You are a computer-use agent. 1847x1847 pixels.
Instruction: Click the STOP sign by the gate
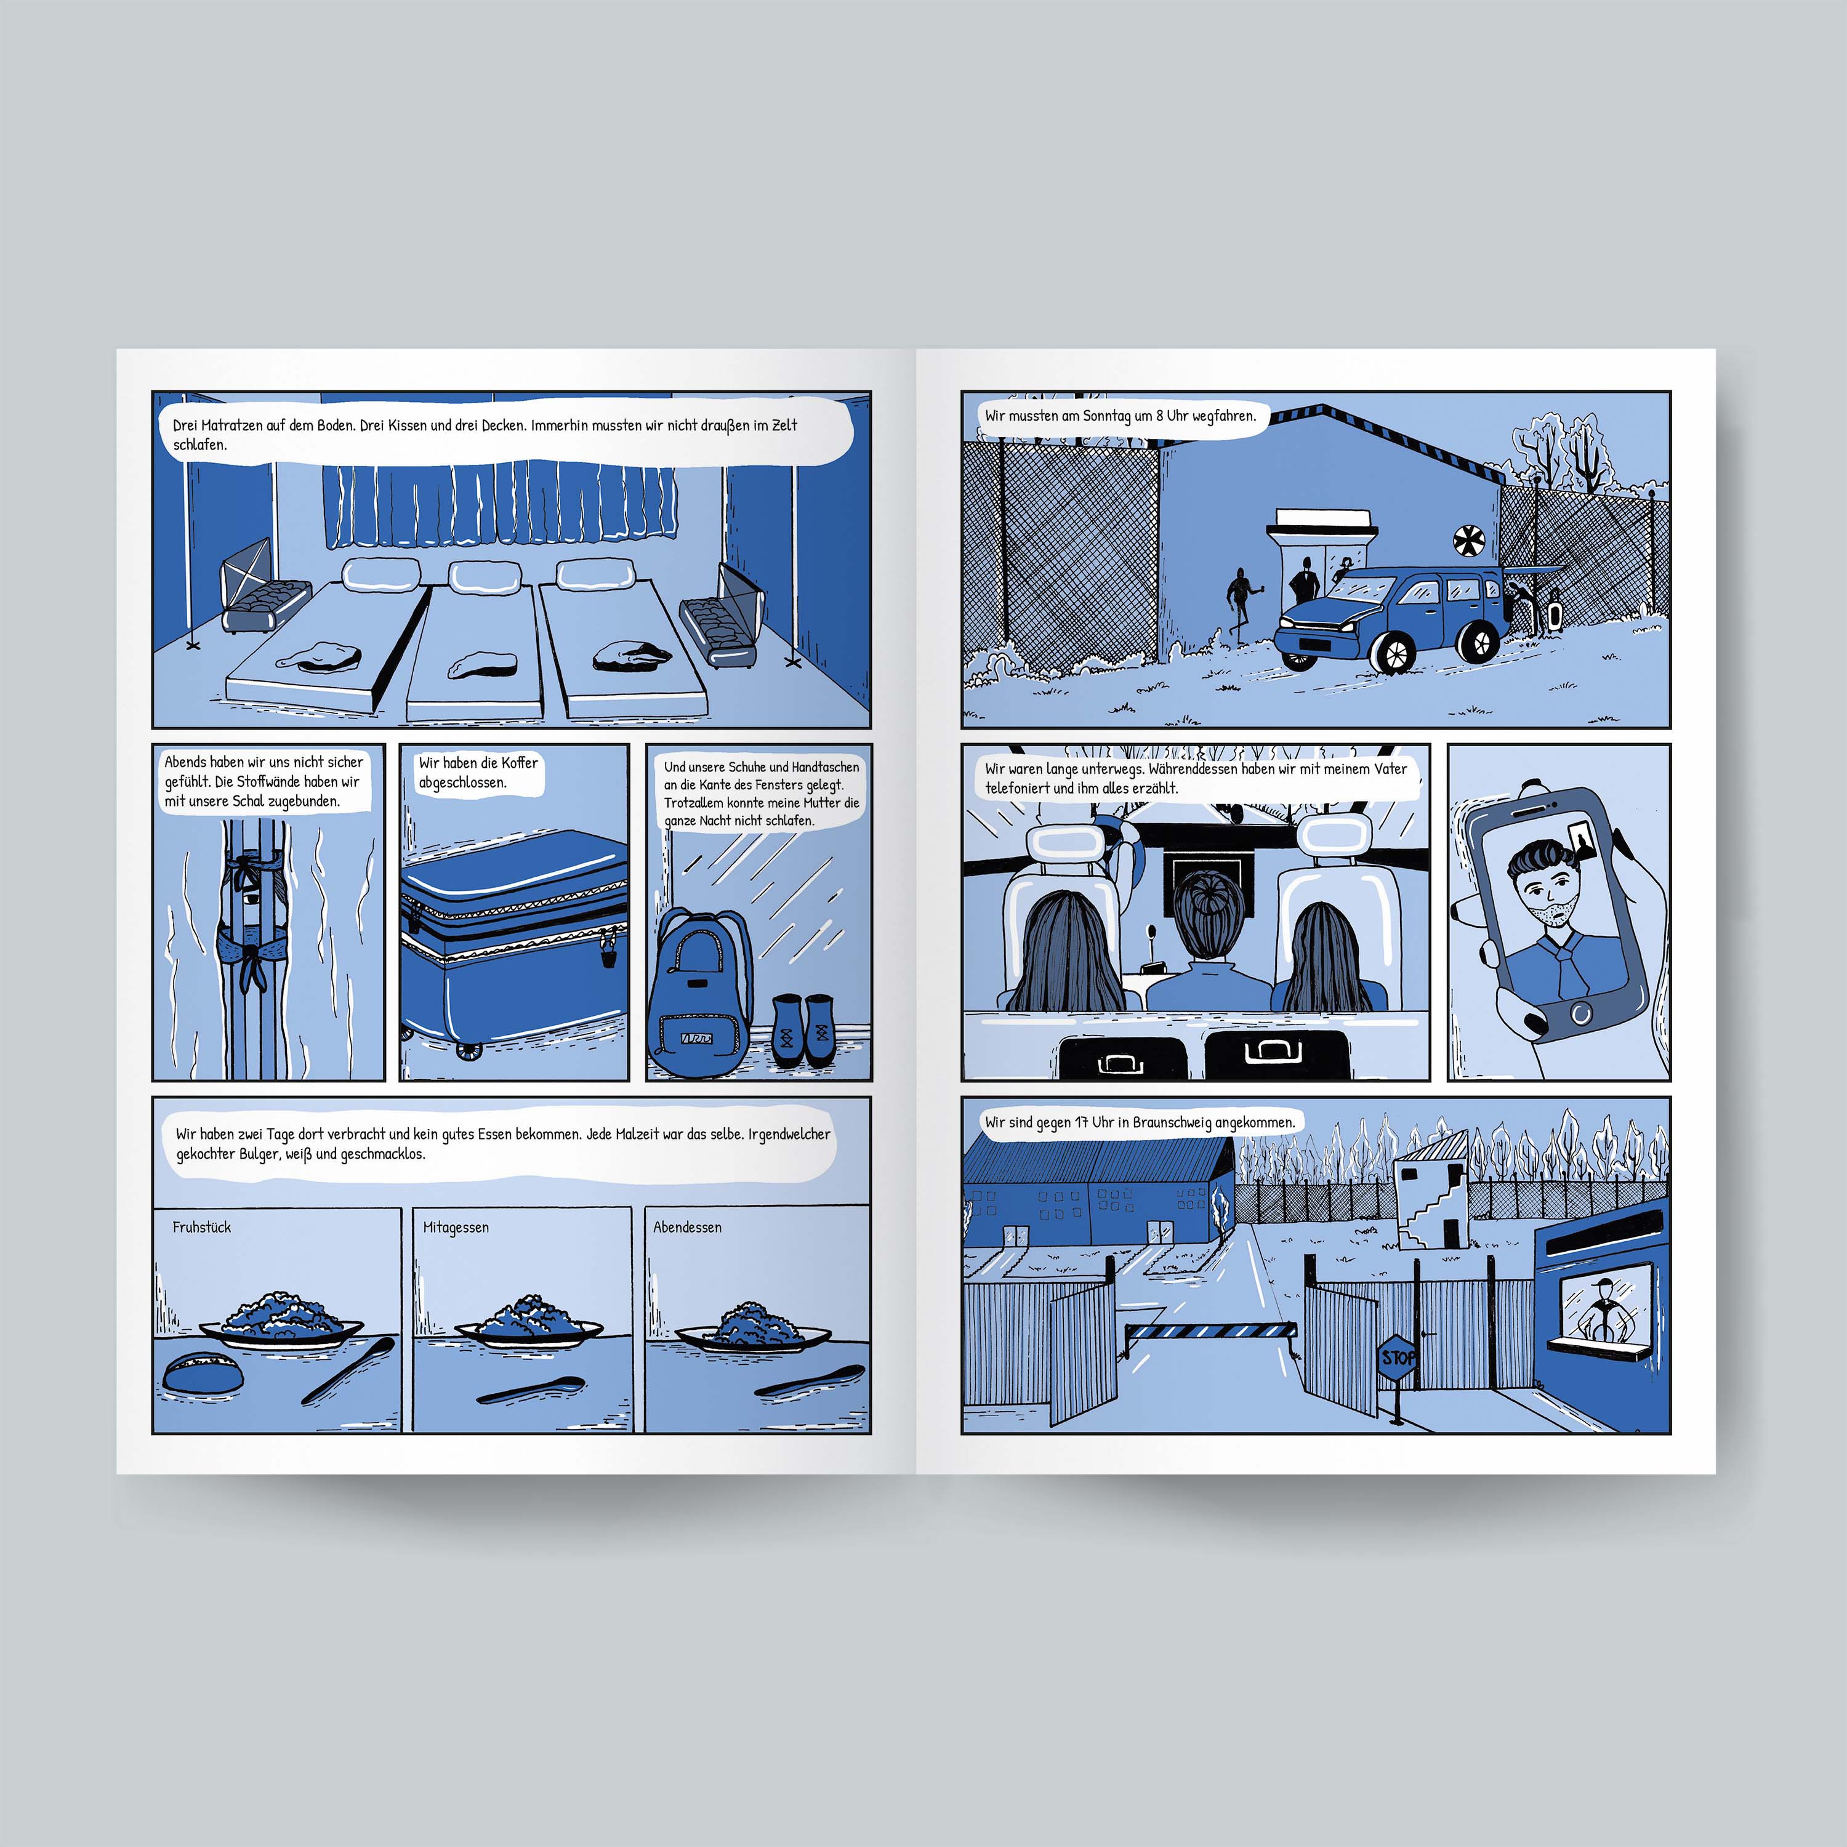pyautogui.click(x=1398, y=1356)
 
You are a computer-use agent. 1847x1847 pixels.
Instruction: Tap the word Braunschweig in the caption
pyautogui.click(x=1174, y=1122)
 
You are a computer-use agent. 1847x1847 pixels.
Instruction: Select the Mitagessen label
pyautogui.click(x=456, y=1228)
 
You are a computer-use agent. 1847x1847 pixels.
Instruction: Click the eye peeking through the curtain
pyautogui.click(x=249, y=899)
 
